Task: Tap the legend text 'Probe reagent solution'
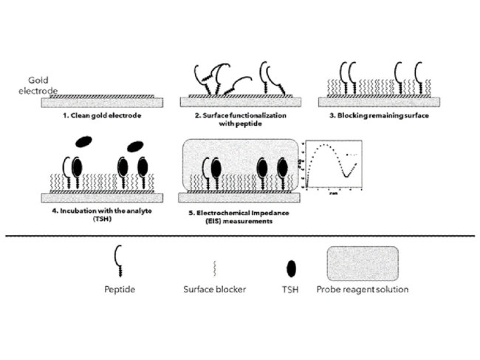pyautogui.click(x=362, y=289)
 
